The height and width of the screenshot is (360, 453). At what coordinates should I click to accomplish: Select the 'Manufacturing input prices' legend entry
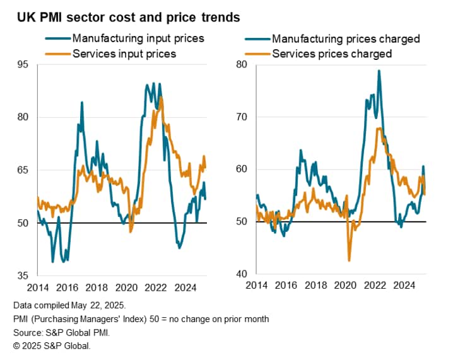pyautogui.click(x=138, y=38)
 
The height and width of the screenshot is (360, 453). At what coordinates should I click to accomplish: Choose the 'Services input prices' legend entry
pyautogui.click(x=124, y=54)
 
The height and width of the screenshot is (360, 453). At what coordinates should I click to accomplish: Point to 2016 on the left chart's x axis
pyautogui.click(x=67, y=289)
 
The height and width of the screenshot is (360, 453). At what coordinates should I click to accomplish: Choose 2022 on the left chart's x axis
pyautogui.click(x=155, y=289)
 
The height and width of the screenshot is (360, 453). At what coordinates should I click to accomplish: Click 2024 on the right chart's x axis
pyautogui.click(x=403, y=285)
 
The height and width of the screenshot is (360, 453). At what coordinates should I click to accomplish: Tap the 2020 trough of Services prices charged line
pyautogui.click(x=349, y=260)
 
